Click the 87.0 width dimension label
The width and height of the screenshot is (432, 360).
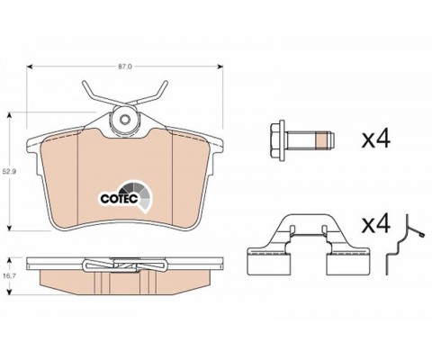124,67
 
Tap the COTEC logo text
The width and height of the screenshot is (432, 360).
119,199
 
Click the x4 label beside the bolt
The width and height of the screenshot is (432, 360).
375,139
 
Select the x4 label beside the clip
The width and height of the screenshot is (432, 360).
375,224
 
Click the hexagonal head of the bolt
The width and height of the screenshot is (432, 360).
277,140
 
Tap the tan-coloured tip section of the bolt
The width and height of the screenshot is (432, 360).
322,140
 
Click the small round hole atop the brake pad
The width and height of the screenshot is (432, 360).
124,120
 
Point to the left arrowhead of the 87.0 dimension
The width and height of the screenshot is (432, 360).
30,67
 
